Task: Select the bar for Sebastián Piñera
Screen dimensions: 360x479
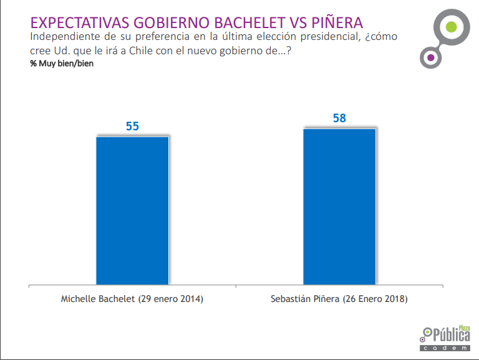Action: [x=339, y=206]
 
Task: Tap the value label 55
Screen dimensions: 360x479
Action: [x=132, y=126]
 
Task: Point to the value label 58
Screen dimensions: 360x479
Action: [x=339, y=119]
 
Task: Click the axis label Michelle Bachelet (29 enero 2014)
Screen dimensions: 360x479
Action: [x=132, y=299]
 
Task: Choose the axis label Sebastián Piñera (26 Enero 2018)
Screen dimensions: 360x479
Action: [x=339, y=299]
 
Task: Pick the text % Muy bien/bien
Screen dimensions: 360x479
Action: [x=62, y=64]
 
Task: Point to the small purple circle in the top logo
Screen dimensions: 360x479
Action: [x=430, y=59]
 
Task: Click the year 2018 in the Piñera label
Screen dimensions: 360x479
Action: [x=395, y=299]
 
